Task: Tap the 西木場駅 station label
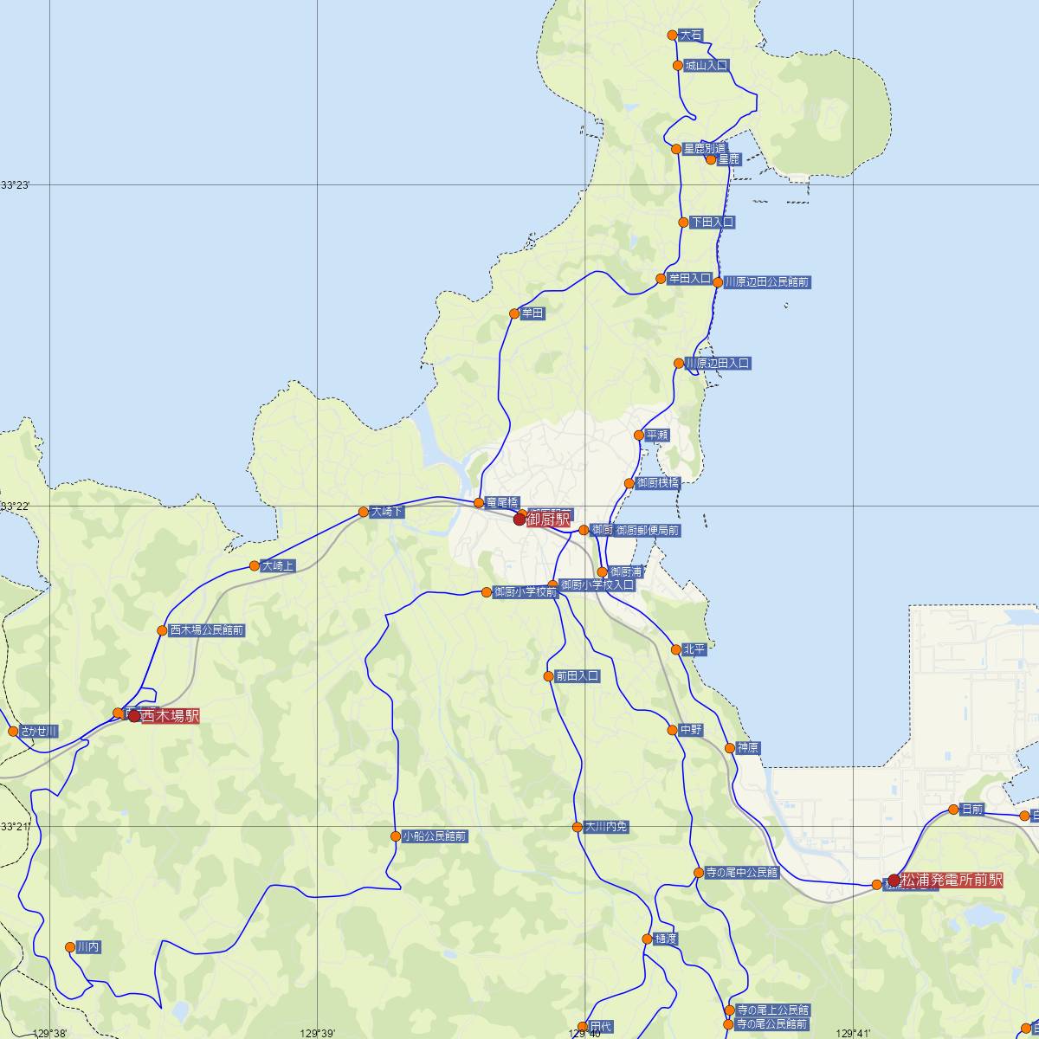click(170, 716)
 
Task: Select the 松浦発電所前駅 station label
click(952, 881)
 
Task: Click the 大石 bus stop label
click(691, 35)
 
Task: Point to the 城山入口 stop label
click(707, 65)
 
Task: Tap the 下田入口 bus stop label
click(712, 223)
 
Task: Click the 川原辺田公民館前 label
click(767, 282)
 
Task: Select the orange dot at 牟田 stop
click(514, 313)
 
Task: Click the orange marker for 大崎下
click(364, 512)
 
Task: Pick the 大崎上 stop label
click(279, 566)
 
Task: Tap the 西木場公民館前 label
click(207, 631)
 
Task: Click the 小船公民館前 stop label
click(435, 836)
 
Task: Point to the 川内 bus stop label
click(88, 948)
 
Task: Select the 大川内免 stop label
click(606, 827)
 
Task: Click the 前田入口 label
click(578, 676)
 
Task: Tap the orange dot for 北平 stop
click(676, 649)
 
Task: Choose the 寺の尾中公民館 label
click(742, 873)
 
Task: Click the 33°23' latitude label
click(15, 184)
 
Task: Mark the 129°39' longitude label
click(318, 1033)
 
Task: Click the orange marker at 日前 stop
click(954, 810)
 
